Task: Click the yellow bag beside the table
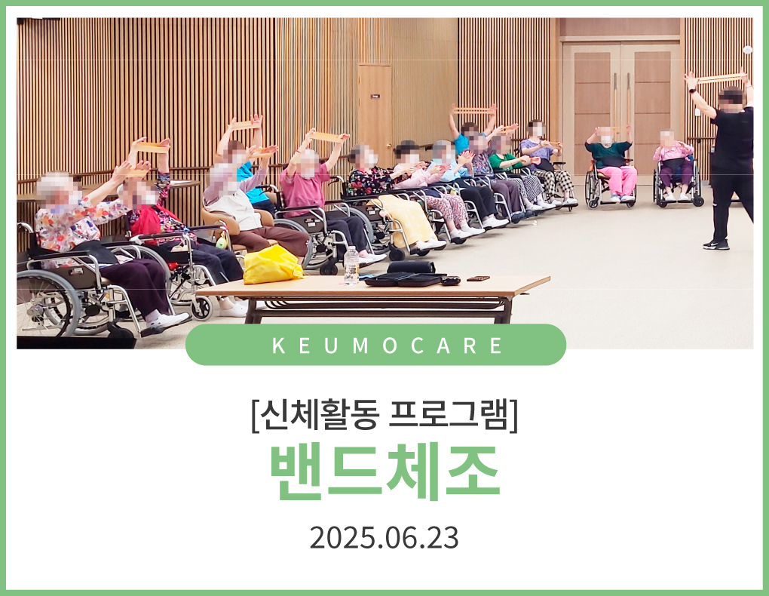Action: click(x=272, y=264)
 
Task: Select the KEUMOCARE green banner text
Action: click(x=387, y=345)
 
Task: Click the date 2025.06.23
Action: click(x=384, y=538)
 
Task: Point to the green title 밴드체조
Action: click(x=385, y=472)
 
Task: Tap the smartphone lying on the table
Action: click(x=478, y=278)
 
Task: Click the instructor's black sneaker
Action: click(x=716, y=244)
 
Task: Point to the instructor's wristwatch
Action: click(x=691, y=91)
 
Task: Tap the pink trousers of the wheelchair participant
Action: click(x=618, y=180)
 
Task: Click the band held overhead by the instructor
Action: click(x=720, y=78)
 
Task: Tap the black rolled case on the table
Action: click(x=411, y=267)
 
